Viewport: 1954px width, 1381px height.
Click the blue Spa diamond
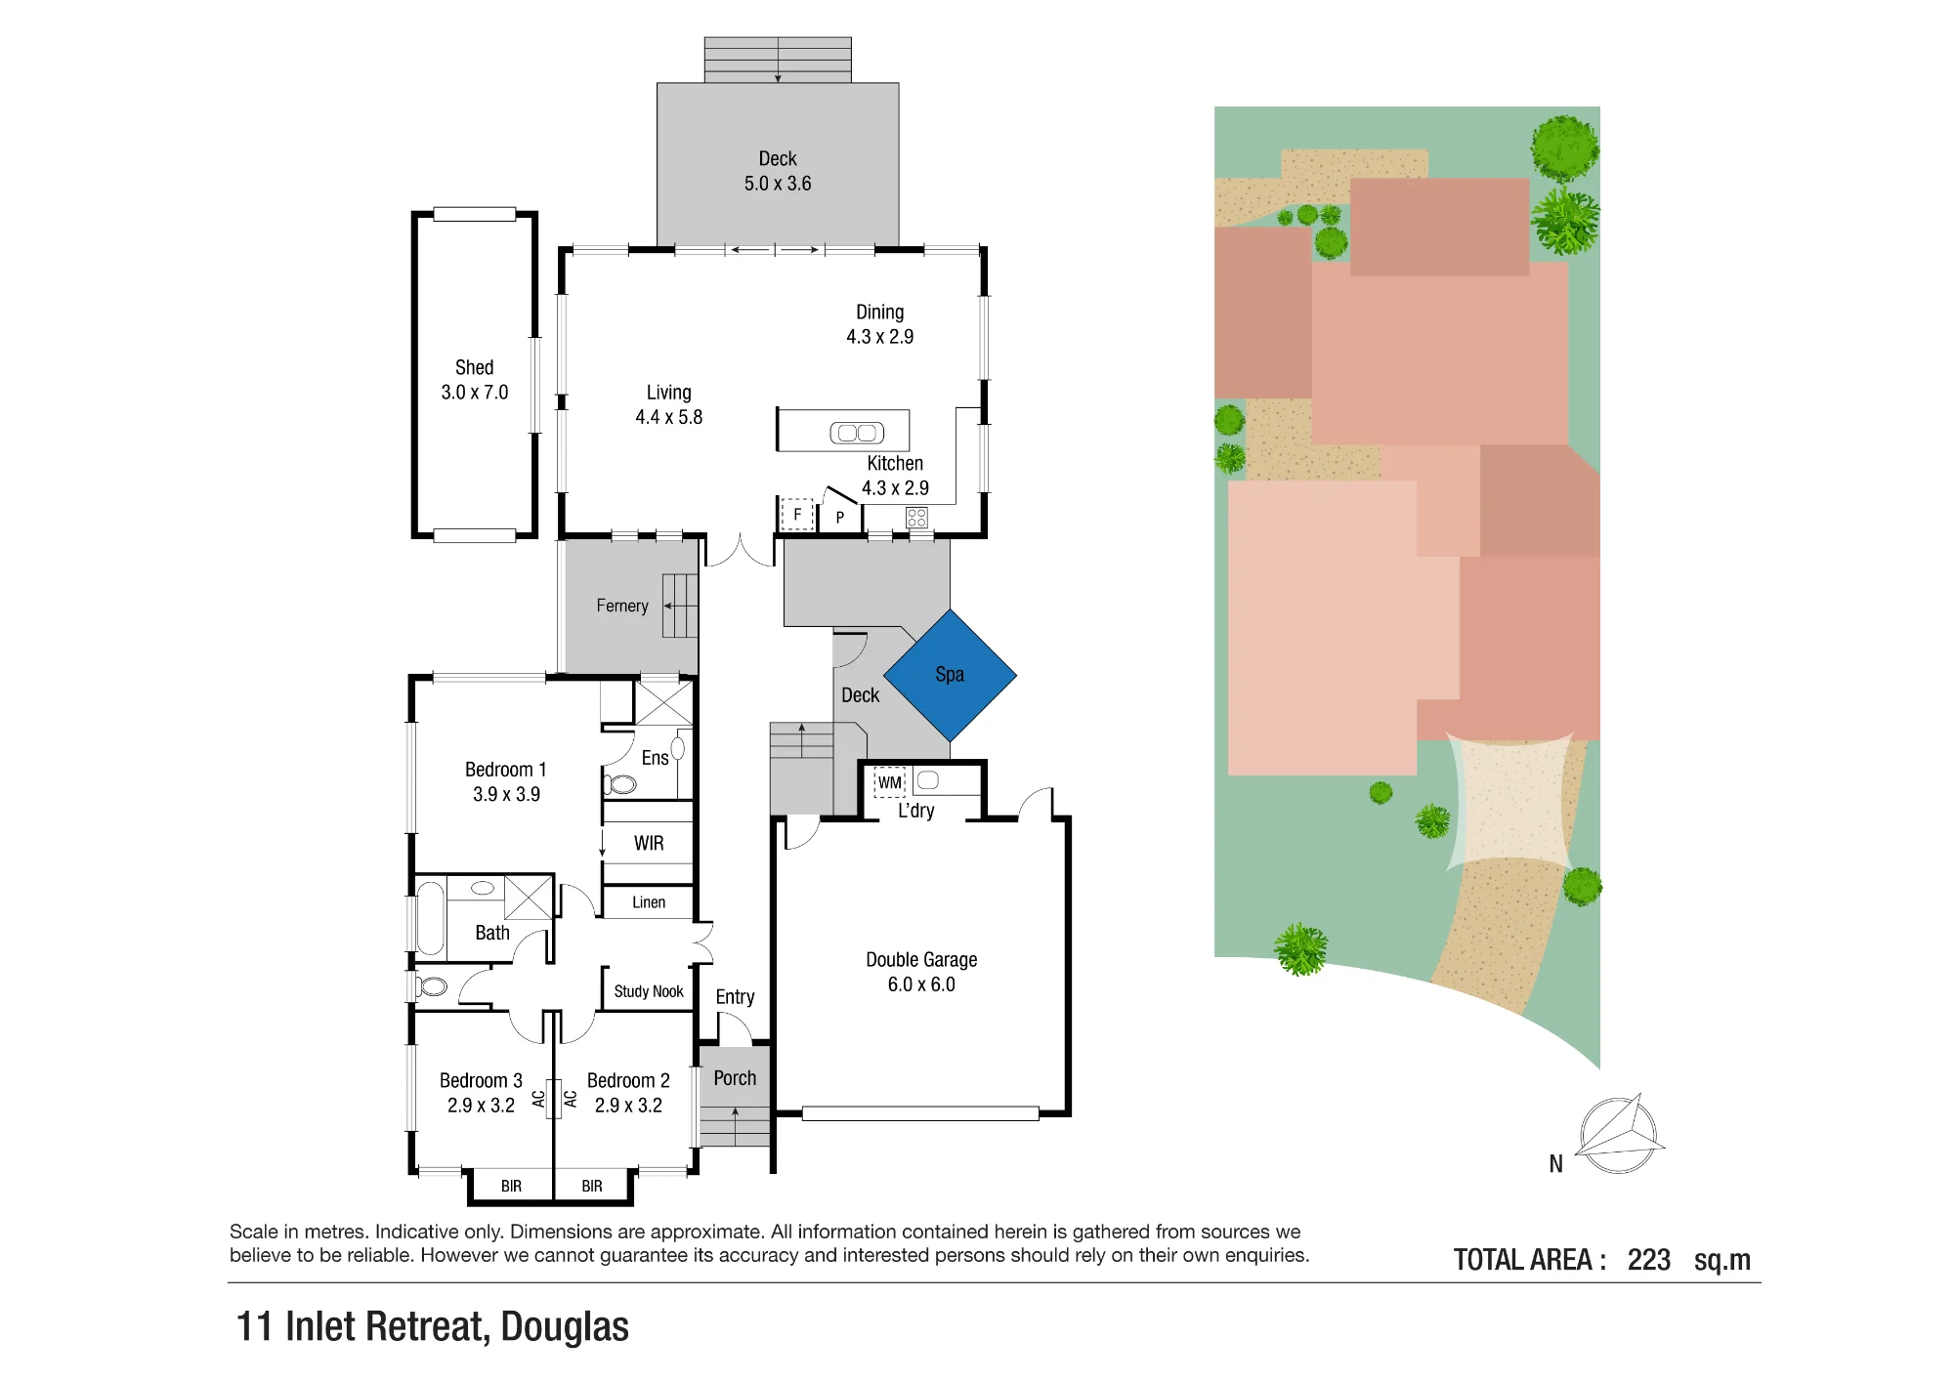(950, 675)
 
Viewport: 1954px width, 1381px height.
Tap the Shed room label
(474, 367)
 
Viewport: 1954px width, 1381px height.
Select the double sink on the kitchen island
(857, 432)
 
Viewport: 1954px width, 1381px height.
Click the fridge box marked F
(797, 514)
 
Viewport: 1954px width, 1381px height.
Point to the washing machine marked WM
(889, 782)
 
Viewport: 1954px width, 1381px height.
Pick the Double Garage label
(921, 960)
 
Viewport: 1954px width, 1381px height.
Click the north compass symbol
(1619, 1134)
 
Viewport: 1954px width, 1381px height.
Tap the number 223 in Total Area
(1649, 1260)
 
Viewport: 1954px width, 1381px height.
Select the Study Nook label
(649, 991)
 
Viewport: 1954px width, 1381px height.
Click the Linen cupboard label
(649, 902)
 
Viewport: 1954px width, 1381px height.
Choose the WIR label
(649, 843)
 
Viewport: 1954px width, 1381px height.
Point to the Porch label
(735, 1078)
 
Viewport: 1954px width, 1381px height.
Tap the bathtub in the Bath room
(430, 917)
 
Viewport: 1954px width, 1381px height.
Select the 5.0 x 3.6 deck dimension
(778, 184)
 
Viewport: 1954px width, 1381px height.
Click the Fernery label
(622, 606)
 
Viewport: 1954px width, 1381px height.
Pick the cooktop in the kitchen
(916, 518)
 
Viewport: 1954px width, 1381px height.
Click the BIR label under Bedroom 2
(592, 1186)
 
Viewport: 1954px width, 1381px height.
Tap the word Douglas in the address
(565, 1326)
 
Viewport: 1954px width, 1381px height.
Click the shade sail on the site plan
(1510, 800)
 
